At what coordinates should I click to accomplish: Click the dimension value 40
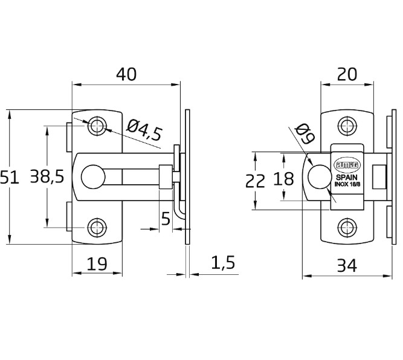point(126,74)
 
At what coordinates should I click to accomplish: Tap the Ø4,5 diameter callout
point(145,130)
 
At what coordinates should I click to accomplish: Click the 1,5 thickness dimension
point(223,263)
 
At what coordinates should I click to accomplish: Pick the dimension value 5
point(166,219)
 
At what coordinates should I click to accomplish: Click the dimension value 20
point(347,74)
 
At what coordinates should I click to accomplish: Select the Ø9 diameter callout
point(305,134)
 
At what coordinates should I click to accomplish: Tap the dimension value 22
point(256,180)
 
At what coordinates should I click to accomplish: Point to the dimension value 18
point(283,179)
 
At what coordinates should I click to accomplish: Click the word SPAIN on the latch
point(347,178)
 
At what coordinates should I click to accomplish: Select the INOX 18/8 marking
point(347,185)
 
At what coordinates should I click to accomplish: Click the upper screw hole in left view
point(97,126)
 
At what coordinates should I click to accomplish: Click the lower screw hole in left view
point(97,227)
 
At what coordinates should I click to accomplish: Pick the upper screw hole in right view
point(346,126)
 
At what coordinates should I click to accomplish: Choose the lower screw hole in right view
point(346,227)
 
